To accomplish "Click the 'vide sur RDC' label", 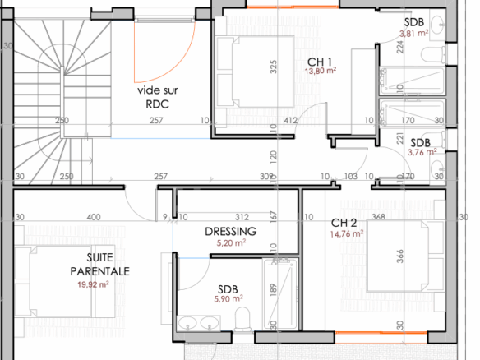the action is [157, 97].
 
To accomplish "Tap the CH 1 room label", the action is [319, 62].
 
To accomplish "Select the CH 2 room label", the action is [344, 223].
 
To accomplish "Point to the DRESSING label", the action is [230, 232].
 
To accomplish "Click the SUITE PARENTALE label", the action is [99, 265].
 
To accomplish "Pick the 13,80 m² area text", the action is [321, 71].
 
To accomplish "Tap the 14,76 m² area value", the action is [347, 234].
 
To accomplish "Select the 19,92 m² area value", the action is [93, 284].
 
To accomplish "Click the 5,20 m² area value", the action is [231, 243].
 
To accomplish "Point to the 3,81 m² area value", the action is [414, 33].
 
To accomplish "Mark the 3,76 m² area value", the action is [422, 152].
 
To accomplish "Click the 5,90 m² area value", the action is [228, 299].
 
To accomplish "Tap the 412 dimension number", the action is [290, 120].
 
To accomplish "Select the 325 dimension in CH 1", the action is [273, 67].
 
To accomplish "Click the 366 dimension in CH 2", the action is [399, 256].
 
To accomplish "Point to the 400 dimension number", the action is [94, 217].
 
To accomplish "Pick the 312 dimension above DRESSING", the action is [242, 217].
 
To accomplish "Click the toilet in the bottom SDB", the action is [242, 319].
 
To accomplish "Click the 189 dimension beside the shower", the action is [273, 290].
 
